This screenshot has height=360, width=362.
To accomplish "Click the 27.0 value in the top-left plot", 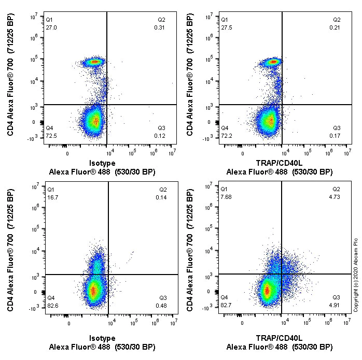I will (51, 27).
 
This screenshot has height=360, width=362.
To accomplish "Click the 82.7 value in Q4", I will (227, 305).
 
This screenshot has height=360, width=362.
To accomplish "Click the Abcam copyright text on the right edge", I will (356, 275).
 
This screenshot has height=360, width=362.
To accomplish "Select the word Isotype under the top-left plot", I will (102, 162).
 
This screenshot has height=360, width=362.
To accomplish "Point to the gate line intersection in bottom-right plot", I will (281, 274).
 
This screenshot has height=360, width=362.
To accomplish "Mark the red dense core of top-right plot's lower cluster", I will (269, 121).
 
